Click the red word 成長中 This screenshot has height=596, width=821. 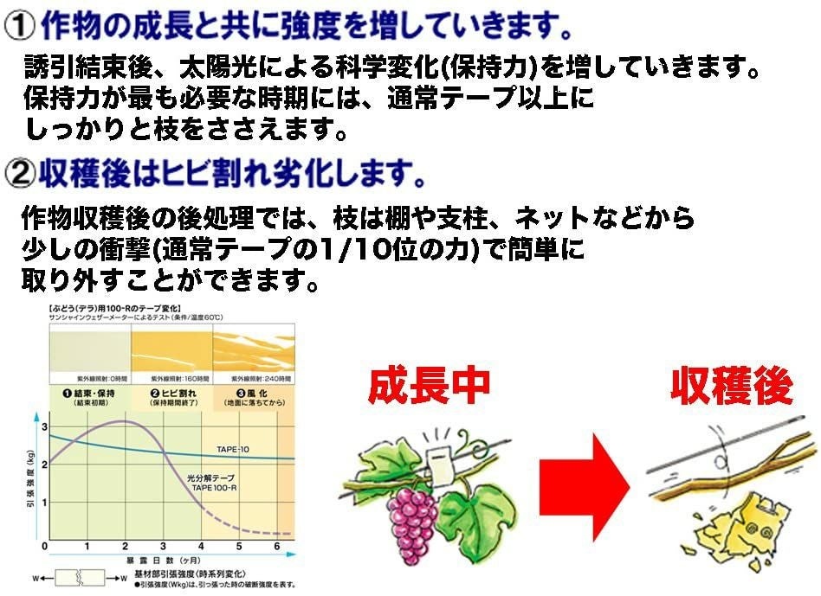coord(429,387)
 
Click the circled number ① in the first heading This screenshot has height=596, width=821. coord(18,27)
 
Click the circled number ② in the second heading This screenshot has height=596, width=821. coord(18,175)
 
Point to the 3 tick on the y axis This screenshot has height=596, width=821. coord(43,427)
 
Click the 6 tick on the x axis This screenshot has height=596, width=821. coord(276,548)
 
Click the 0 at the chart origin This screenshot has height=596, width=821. coord(43,548)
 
